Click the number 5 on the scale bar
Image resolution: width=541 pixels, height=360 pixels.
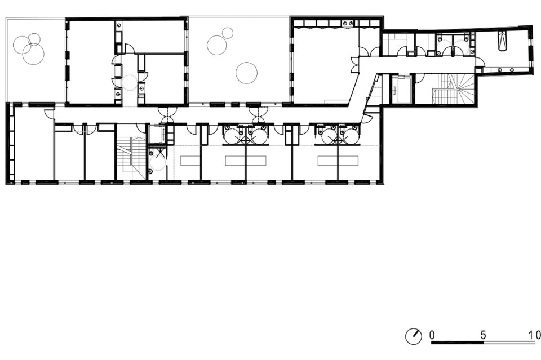pyautogui.click(x=483, y=335)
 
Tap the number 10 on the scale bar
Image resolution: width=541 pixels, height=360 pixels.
pyautogui.click(x=535, y=335)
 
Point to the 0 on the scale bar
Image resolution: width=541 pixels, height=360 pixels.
pyautogui.click(x=432, y=335)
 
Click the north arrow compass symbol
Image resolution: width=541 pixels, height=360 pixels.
pyautogui.click(x=413, y=336)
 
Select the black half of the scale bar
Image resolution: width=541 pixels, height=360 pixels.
pyautogui.click(x=457, y=343)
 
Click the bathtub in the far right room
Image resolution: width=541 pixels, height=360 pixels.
pyautogui.click(x=502, y=41)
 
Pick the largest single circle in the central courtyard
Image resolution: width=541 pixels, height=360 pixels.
pyautogui.click(x=246, y=73)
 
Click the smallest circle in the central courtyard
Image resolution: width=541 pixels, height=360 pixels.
pyautogui.click(x=228, y=33)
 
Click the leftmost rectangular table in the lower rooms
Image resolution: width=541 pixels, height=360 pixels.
pyautogui.click(x=190, y=161)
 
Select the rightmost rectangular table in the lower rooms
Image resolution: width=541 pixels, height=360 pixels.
pyautogui.click(x=338, y=161)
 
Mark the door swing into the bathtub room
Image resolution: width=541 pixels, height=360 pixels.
pyautogui.click(x=480, y=62)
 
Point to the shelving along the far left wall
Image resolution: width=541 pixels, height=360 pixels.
pyautogui.click(x=11, y=143)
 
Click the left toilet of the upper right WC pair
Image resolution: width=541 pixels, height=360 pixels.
pyautogui.click(x=440, y=37)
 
